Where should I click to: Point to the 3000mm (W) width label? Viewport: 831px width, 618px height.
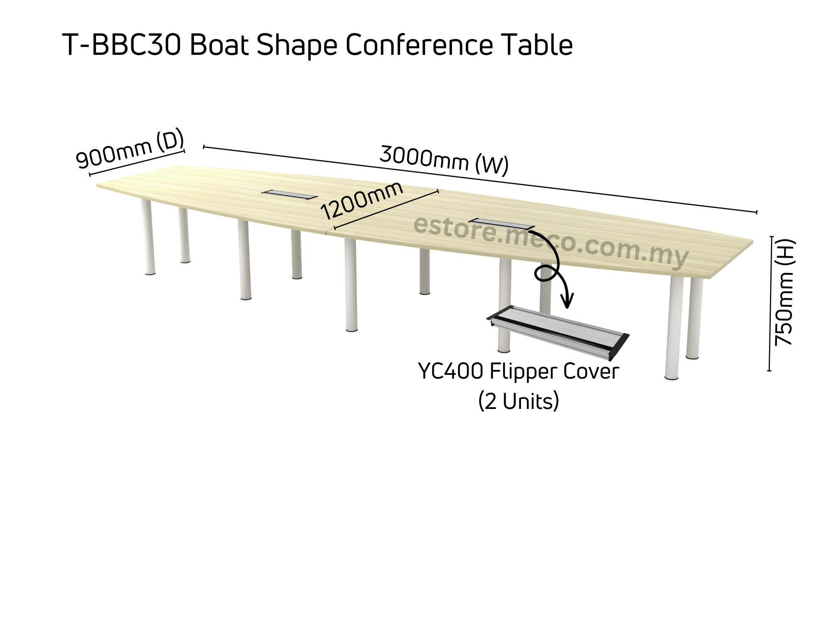tap(444, 160)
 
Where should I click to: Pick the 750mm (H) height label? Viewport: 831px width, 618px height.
tap(784, 292)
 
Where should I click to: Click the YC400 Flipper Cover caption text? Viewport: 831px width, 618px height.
tap(519, 371)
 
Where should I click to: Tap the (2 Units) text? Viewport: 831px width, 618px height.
tap(519, 401)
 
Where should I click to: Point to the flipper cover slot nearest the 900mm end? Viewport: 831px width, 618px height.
tap(290, 195)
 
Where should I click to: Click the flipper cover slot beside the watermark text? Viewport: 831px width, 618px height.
tap(502, 224)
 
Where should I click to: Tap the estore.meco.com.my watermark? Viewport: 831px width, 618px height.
tap(551, 241)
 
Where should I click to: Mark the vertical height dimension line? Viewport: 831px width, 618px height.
tap(770, 303)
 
